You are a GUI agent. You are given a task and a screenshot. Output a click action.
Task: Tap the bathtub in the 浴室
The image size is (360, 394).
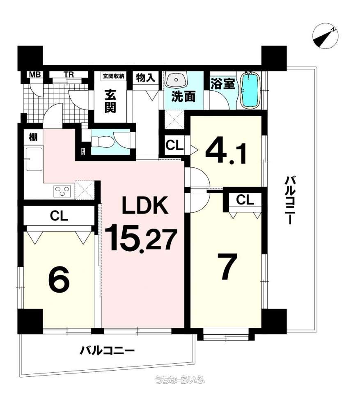point(250,90)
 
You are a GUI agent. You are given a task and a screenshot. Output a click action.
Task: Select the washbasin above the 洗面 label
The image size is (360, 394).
point(176,79)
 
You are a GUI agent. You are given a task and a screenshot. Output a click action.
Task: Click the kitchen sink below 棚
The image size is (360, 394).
point(34,159)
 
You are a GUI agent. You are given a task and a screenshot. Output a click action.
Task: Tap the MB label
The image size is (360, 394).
point(35,74)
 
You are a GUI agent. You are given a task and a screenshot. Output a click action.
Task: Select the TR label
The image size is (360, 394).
point(69,75)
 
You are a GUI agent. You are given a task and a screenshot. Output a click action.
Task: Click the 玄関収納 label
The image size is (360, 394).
point(114,76)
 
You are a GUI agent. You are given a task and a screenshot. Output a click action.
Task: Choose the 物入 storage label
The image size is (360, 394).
point(146,78)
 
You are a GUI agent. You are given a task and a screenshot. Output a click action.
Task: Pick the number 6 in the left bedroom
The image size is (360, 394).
point(59,281)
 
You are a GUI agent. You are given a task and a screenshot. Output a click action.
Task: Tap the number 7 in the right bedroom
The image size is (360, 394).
point(227,266)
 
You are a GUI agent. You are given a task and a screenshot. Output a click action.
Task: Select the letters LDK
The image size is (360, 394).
point(144,205)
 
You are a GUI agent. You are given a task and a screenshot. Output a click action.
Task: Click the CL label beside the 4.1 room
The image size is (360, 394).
point(174,145)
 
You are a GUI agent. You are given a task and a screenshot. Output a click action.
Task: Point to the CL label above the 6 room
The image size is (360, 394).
point(59,216)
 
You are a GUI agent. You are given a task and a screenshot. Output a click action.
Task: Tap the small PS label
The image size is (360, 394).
point(83,151)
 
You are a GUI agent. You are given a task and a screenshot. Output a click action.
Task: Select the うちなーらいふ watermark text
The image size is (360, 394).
point(180,379)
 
